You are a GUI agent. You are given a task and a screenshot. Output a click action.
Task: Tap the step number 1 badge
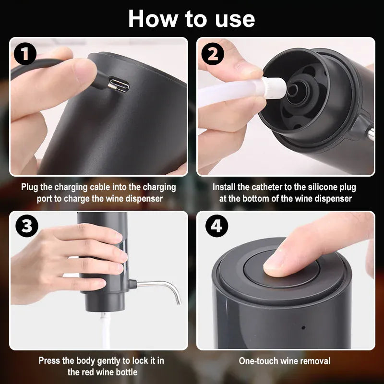[25, 55]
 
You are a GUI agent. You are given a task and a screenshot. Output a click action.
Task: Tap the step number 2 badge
[212, 55]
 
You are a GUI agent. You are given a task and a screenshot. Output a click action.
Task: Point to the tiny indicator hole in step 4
[302, 328]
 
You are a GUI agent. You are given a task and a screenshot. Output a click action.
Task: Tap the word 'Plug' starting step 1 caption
[29, 187]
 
